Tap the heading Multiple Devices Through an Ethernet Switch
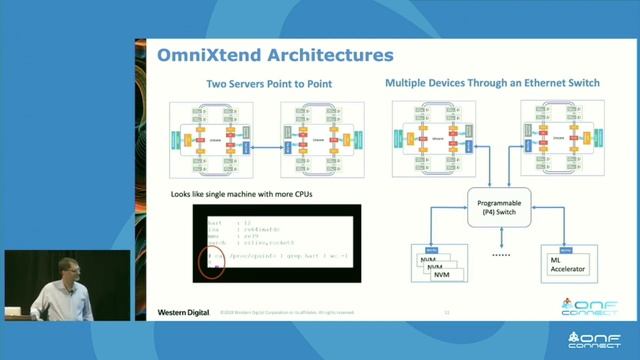pos(492,83)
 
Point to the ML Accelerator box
pos(564,265)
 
